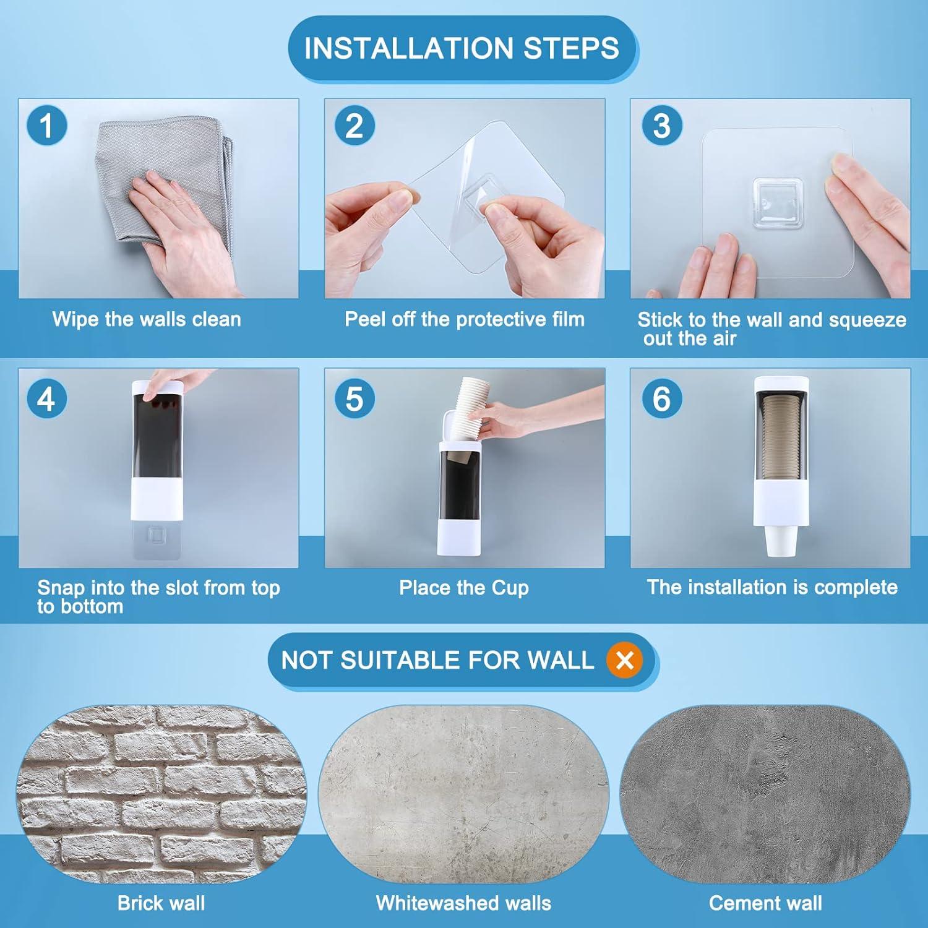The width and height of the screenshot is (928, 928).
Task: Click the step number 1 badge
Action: pyautogui.click(x=46, y=126)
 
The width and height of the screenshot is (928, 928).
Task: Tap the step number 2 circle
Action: pyautogui.click(x=354, y=126)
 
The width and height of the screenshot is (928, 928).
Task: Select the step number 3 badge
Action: pyautogui.click(x=661, y=126)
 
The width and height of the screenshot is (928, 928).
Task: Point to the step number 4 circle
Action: pyautogui.click(x=46, y=398)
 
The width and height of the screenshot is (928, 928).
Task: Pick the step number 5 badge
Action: pyautogui.click(x=354, y=398)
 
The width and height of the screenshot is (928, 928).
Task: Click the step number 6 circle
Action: pyautogui.click(x=661, y=398)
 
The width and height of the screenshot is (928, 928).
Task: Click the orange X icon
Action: pyautogui.click(x=625, y=660)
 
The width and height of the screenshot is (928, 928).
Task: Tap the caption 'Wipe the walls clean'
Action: pyautogui.click(x=147, y=319)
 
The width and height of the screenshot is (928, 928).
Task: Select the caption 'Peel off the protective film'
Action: pyautogui.click(x=465, y=319)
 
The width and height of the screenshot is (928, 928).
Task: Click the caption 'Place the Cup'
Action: pyautogui.click(x=464, y=588)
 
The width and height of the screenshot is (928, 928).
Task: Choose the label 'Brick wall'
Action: pyautogui.click(x=161, y=903)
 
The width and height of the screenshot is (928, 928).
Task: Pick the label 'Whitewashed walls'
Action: pyautogui.click(x=463, y=903)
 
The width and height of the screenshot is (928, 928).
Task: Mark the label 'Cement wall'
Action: pyautogui.click(x=765, y=903)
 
